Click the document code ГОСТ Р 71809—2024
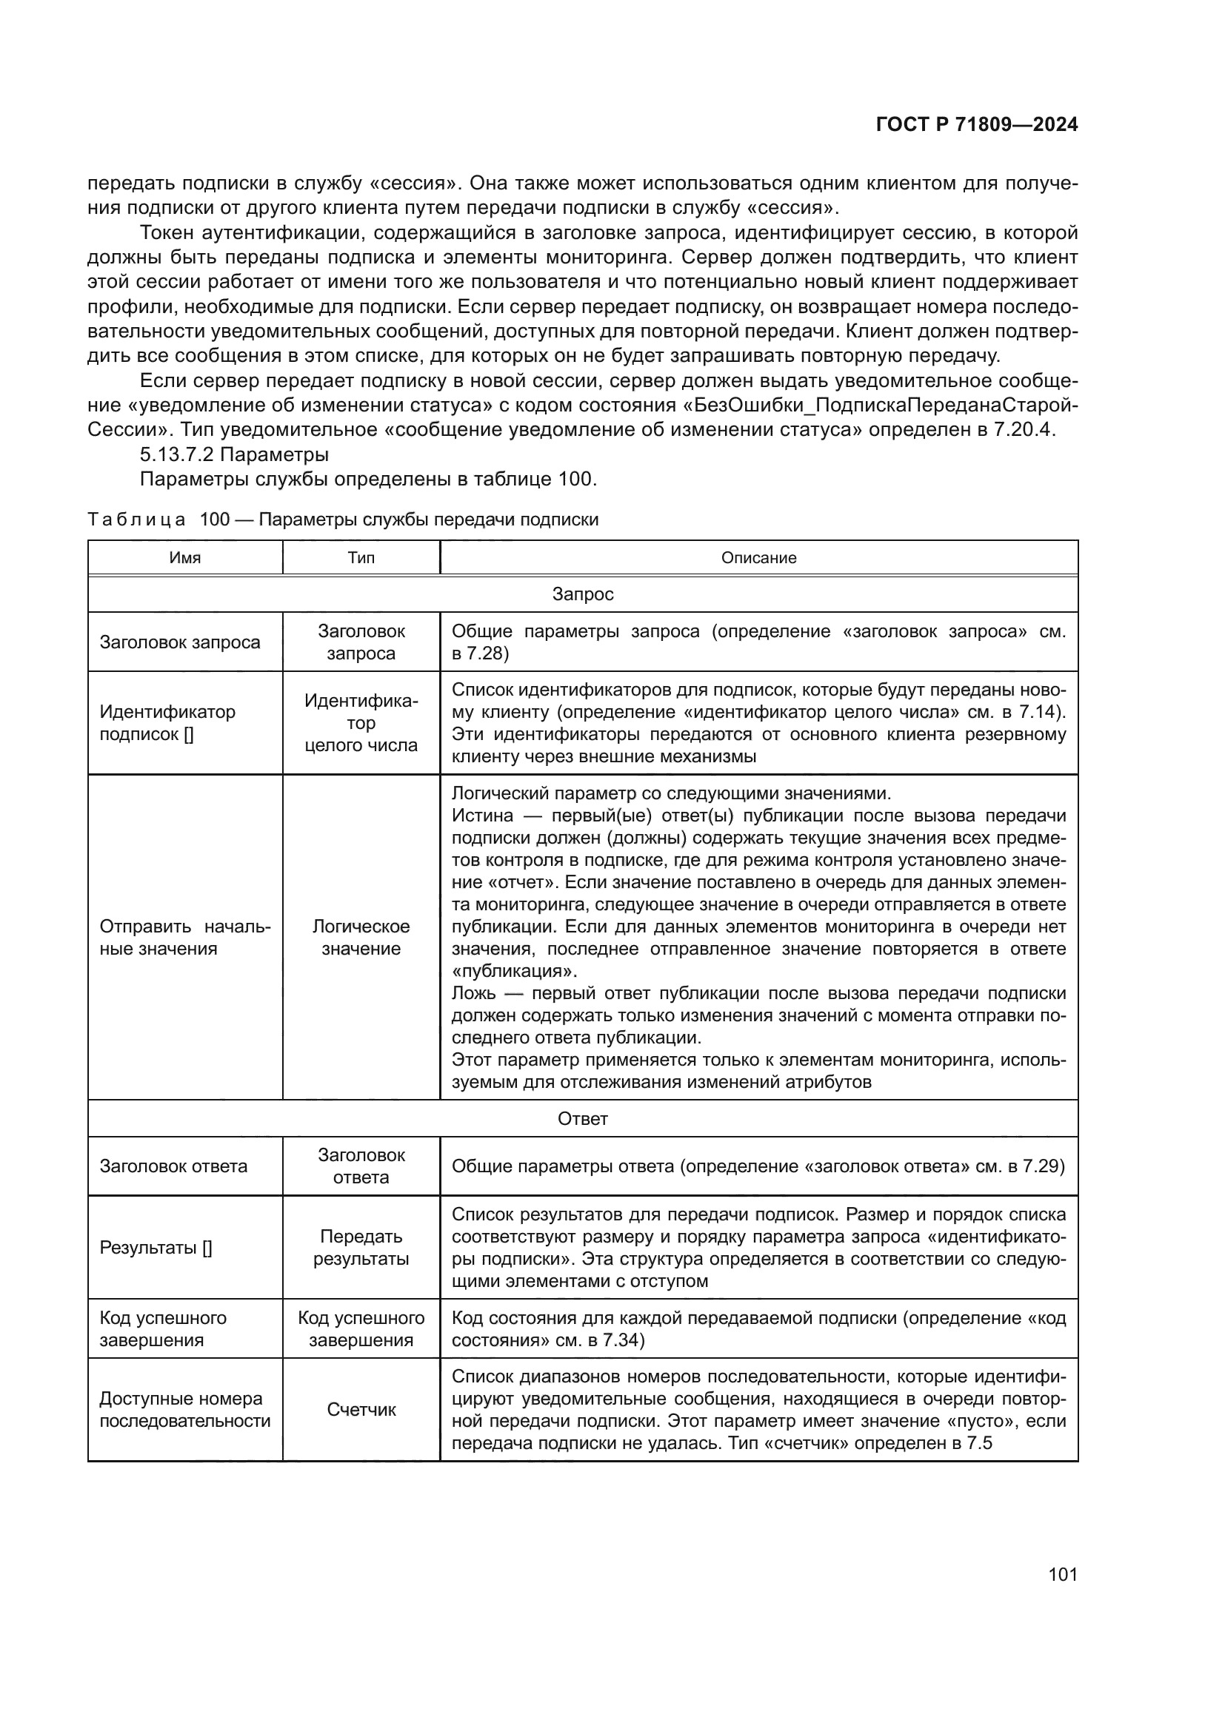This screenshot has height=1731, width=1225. [976, 125]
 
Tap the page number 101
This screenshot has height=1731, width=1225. [1062, 1574]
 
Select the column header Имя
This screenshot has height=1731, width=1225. [185, 558]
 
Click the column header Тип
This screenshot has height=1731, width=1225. [361, 558]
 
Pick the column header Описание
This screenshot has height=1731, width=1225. [758, 558]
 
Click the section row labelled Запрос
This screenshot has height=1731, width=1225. [582, 594]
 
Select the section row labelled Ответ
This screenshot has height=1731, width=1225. [582, 1119]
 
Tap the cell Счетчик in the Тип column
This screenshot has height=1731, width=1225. [361, 1410]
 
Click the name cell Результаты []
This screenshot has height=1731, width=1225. [156, 1248]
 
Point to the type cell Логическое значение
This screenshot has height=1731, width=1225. [361, 937]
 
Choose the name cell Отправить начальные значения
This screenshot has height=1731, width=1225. [185, 937]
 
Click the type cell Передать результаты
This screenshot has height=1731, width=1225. [361, 1248]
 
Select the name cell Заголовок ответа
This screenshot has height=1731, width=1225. [173, 1166]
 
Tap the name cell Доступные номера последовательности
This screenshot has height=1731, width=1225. [185, 1410]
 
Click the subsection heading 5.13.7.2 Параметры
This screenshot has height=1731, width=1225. [234, 454]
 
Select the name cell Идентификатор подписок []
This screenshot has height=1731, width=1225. [167, 723]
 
